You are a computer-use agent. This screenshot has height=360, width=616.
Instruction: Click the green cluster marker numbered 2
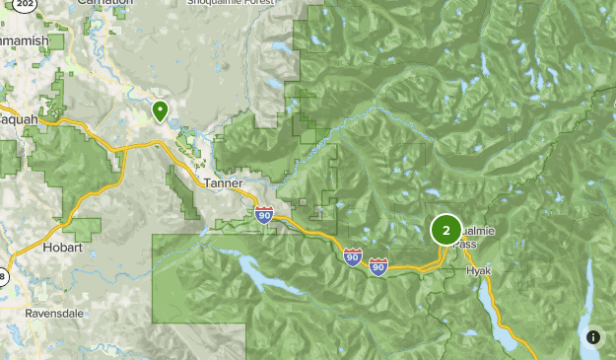(x=446, y=230)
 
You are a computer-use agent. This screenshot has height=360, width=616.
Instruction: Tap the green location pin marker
(x=160, y=110)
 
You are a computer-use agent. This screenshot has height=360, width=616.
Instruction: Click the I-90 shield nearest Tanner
(x=264, y=214)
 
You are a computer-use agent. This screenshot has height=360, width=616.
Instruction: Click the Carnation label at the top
(x=104, y=3)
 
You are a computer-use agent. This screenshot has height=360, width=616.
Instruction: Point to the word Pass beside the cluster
(x=467, y=244)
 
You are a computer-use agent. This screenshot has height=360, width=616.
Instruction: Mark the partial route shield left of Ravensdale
(x=3, y=278)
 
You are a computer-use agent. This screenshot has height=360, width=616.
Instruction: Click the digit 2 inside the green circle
(x=446, y=230)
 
